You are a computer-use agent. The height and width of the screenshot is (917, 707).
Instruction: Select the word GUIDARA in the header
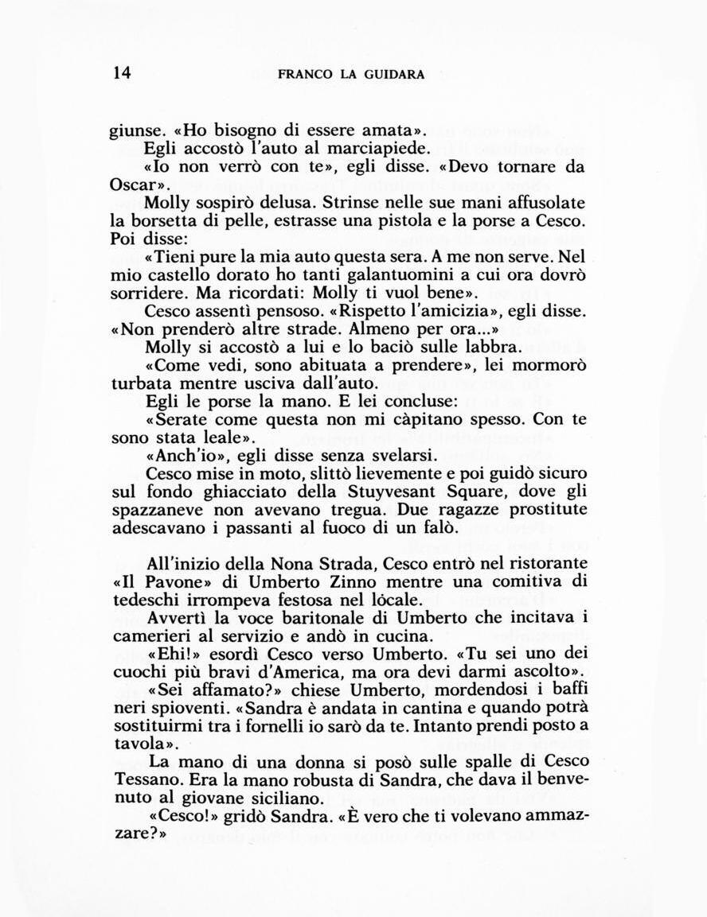395,75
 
